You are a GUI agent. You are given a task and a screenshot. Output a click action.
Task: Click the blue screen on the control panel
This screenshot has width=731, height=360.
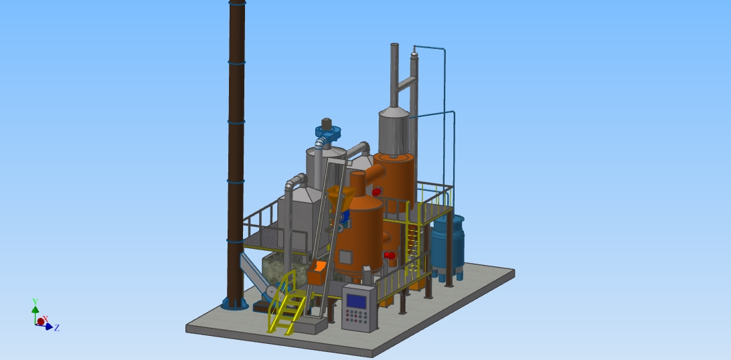[x=357, y=301]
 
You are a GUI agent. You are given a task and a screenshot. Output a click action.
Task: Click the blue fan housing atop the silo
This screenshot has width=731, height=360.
[x=328, y=133]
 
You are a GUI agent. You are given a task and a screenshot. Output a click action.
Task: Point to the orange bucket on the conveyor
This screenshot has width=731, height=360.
[x=317, y=272]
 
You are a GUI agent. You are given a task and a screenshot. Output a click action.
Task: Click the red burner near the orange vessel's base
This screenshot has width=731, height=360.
[x=390, y=255]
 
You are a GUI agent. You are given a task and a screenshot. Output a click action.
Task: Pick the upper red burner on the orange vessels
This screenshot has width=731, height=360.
[x=377, y=191]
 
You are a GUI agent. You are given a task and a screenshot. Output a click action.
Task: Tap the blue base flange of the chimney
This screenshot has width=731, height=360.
[x=234, y=304]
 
